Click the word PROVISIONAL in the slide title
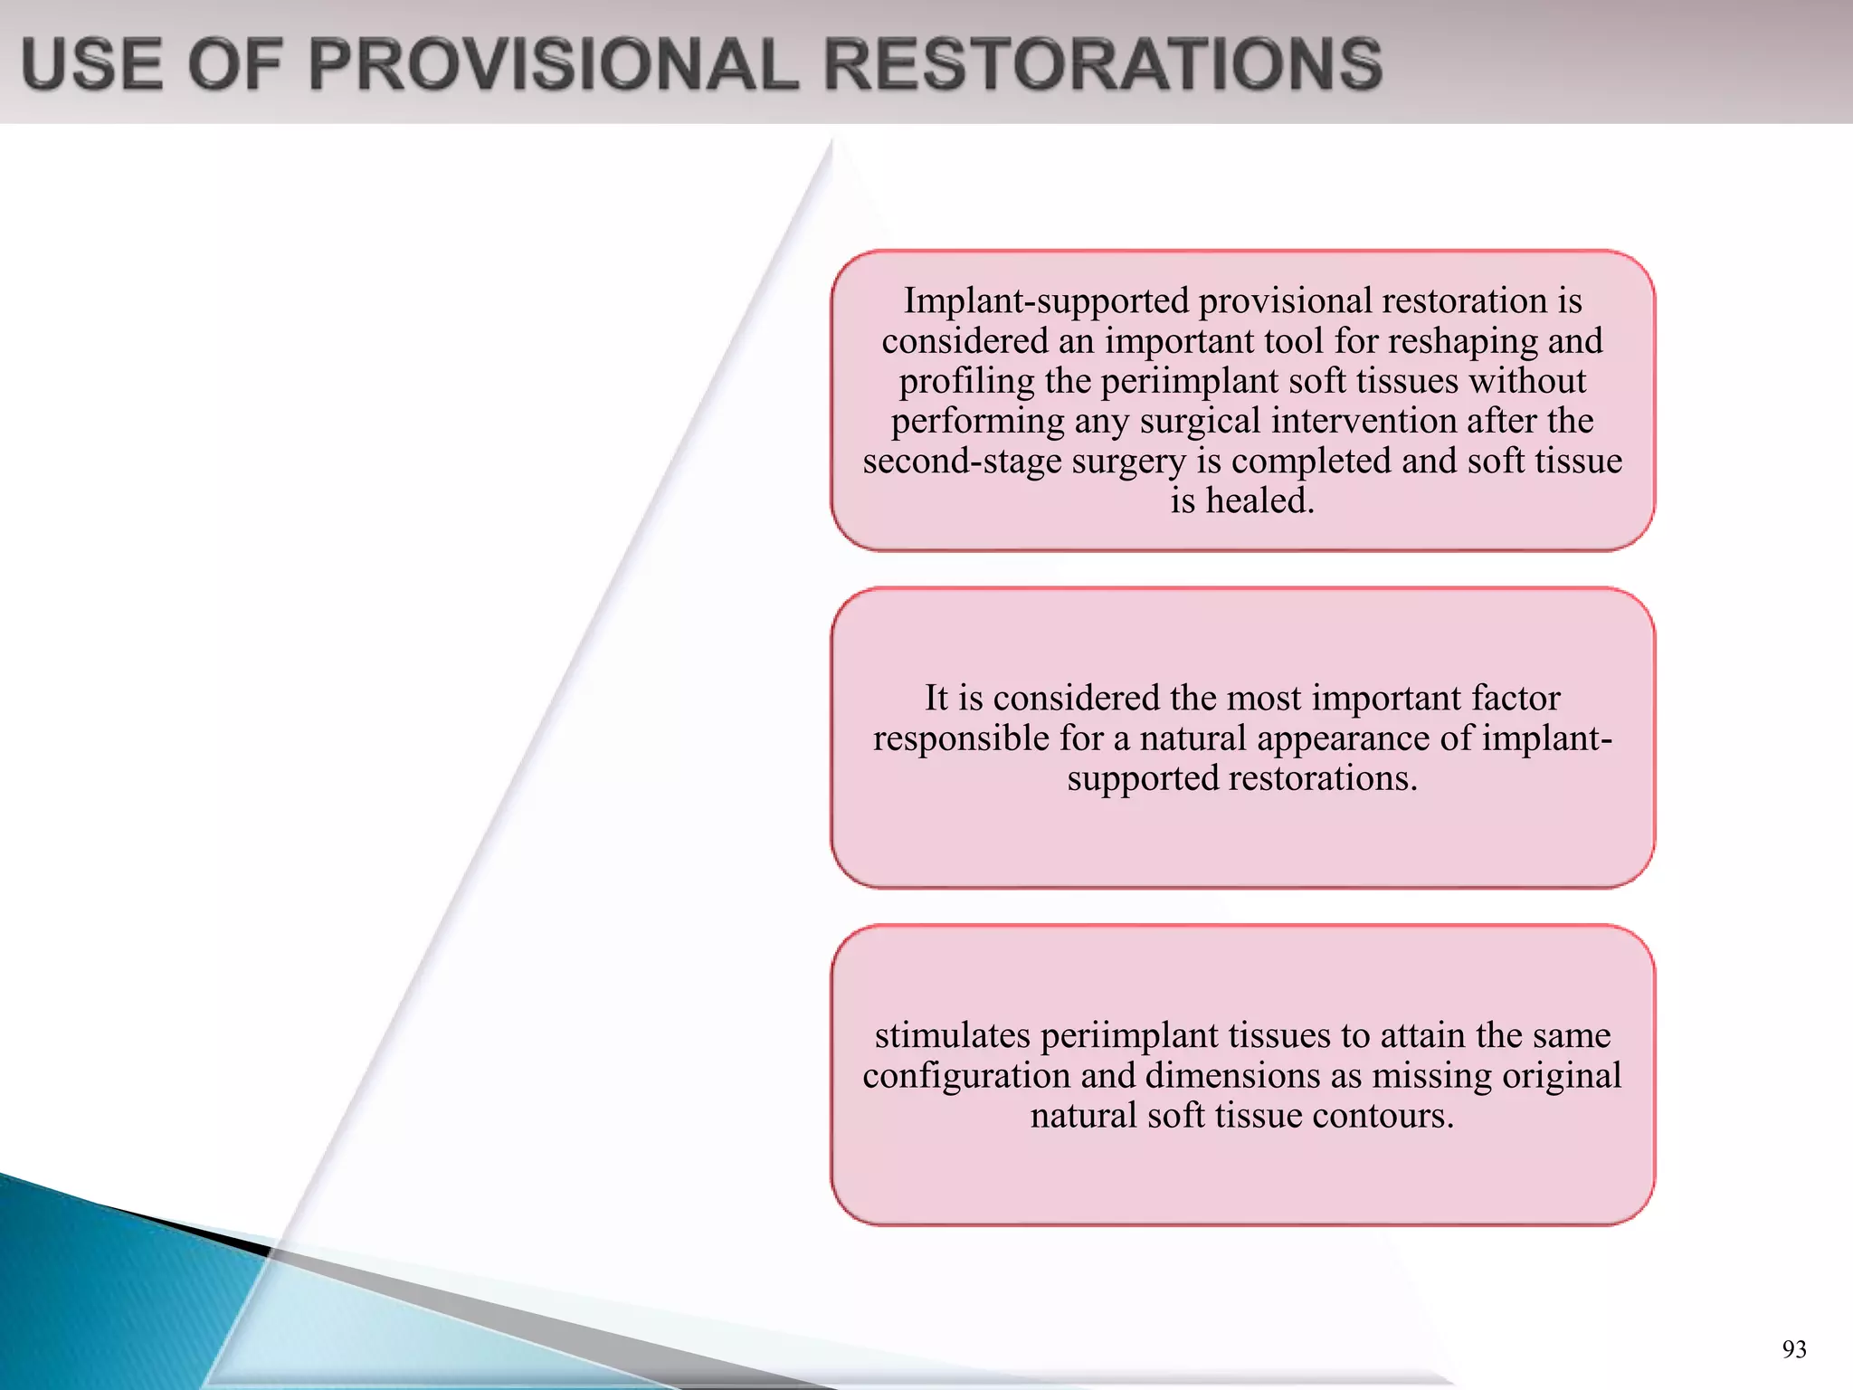pos(554,64)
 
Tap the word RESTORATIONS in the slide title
pos(1103,64)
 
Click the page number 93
pos(1794,1349)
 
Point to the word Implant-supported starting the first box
pos(1046,301)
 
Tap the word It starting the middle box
pos(936,699)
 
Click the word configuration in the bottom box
pos(966,1076)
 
